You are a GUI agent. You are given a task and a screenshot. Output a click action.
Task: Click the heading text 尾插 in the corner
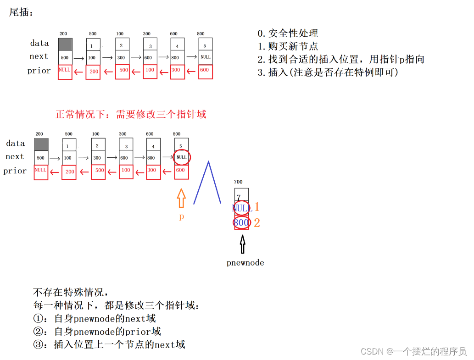click(x=21, y=12)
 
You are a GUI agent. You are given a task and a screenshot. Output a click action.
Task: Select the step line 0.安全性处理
click(x=288, y=33)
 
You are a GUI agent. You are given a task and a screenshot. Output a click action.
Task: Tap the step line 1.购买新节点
click(x=288, y=46)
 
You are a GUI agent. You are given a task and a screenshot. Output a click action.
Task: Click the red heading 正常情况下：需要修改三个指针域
click(x=131, y=114)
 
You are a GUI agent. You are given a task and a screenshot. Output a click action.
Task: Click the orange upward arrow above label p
click(x=181, y=199)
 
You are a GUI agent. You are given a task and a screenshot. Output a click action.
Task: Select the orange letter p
click(x=182, y=216)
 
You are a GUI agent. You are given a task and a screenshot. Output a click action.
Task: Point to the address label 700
click(x=239, y=183)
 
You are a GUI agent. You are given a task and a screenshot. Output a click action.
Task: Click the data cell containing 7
click(x=241, y=195)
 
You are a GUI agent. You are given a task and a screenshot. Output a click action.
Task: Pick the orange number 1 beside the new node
click(x=257, y=207)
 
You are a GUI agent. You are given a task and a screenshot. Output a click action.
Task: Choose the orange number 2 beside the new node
click(x=257, y=223)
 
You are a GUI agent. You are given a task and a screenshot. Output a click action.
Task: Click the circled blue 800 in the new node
click(x=241, y=223)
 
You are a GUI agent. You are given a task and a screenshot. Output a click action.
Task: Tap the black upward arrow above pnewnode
click(x=242, y=244)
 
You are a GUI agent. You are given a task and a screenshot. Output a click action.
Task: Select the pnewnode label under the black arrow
click(x=245, y=263)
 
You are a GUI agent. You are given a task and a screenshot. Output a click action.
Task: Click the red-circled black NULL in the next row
click(x=182, y=157)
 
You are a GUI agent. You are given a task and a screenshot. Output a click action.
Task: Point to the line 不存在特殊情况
click(x=71, y=292)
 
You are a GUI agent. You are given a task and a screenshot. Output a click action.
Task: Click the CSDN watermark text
click(x=413, y=351)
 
